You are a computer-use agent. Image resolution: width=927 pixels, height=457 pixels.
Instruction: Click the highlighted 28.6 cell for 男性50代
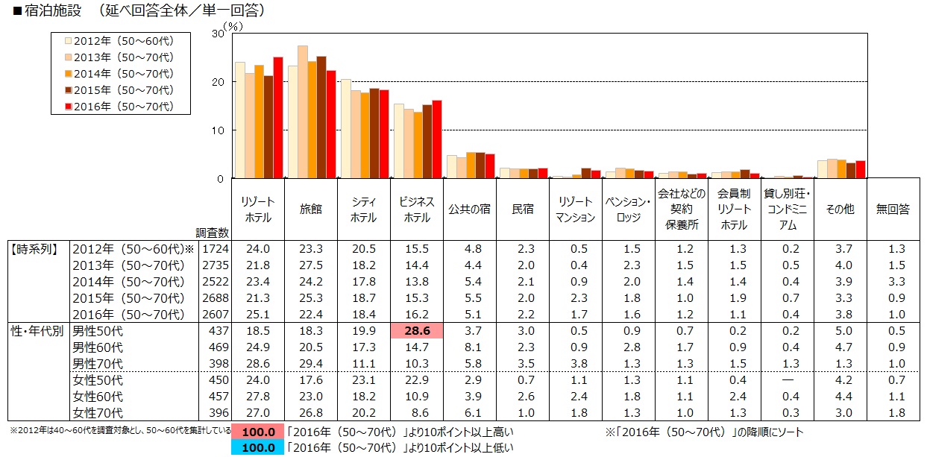point(417,330)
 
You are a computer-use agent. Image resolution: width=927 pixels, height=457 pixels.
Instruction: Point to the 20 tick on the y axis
point(218,82)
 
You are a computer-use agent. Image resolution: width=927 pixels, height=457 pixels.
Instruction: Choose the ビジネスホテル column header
point(417,210)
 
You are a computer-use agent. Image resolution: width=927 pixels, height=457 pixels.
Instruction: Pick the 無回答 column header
point(893,210)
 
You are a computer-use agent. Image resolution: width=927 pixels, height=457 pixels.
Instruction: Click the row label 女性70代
point(98,413)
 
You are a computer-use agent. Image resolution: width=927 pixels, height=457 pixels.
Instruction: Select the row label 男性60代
point(98,347)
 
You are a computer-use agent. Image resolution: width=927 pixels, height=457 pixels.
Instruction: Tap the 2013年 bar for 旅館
point(303,112)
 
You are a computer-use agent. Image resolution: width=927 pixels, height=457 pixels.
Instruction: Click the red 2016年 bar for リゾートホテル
point(277,118)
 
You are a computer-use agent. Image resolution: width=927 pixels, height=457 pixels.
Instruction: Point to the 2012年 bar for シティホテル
point(345,129)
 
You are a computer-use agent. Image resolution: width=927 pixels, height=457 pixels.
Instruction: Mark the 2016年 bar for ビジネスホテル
point(437,139)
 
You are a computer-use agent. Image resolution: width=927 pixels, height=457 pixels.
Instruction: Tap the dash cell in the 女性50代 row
point(787,380)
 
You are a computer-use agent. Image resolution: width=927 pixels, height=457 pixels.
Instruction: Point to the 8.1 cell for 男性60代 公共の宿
point(470,347)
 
